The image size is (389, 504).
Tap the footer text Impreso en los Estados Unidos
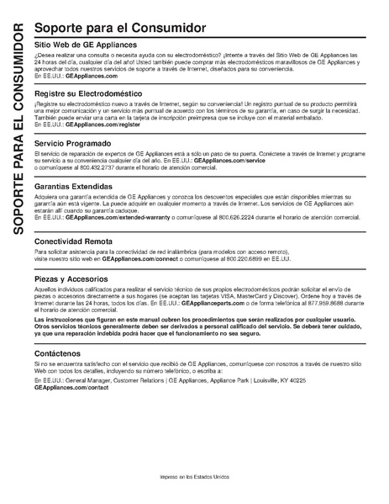point(196,476)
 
